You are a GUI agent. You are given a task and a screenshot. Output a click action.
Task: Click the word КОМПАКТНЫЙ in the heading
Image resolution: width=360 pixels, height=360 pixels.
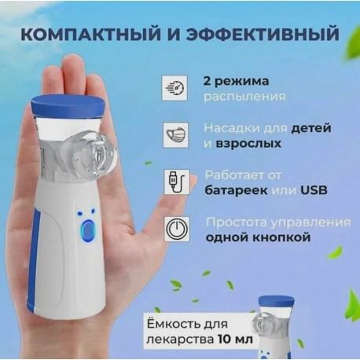tap(90, 34)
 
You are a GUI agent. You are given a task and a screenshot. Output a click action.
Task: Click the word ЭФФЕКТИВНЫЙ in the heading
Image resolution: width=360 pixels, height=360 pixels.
tap(263, 34)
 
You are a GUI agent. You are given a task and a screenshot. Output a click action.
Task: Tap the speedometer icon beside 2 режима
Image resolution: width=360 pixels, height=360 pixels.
tap(174, 88)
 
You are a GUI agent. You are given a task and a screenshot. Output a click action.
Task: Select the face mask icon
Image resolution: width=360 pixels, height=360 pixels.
tap(176, 134)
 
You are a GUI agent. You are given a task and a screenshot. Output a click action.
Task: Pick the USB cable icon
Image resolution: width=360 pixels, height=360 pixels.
tap(177, 182)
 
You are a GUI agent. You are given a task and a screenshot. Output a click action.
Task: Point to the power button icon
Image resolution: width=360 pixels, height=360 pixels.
tap(177, 229)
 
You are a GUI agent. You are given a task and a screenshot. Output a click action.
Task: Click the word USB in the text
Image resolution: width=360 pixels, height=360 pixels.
tap(314, 190)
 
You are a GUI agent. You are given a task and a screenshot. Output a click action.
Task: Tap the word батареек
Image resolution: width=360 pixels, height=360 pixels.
tap(236, 190)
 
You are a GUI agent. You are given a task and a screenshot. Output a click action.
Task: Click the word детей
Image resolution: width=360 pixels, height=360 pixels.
tap(311, 128)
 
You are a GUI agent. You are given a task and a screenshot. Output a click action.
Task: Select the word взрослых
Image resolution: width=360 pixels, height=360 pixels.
tap(248, 144)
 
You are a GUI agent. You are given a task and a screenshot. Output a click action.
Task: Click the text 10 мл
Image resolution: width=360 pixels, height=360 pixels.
tap(235, 340)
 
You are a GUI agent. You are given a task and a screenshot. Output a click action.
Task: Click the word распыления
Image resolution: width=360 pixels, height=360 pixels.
tap(244, 97)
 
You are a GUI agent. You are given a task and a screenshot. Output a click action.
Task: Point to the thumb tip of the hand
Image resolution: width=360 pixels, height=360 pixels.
tap(193, 180)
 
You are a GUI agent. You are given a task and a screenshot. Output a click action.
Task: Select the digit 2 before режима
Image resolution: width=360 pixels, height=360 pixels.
tap(208, 81)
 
